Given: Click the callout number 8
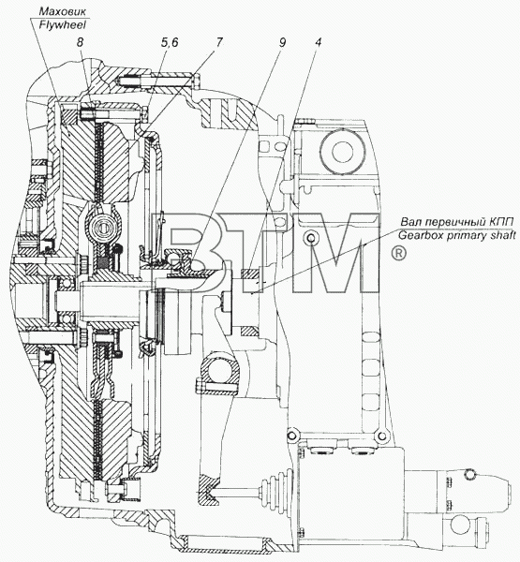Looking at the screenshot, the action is tap(80, 42).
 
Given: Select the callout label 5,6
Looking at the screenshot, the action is tap(170, 43).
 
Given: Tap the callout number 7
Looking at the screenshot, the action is tap(219, 42).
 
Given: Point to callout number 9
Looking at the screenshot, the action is tap(282, 42).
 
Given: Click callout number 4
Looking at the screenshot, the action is tap(318, 42).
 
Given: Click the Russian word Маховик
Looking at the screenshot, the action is tap(62, 11).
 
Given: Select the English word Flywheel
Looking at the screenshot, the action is tap(63, 24).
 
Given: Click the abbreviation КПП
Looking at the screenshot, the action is tap(501, 222).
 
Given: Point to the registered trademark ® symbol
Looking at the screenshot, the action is tap(398, 254).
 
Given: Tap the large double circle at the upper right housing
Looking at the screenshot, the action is tap(343, 151).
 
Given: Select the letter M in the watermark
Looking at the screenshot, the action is tap(335, 253).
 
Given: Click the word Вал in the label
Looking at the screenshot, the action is tap(409, 222).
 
